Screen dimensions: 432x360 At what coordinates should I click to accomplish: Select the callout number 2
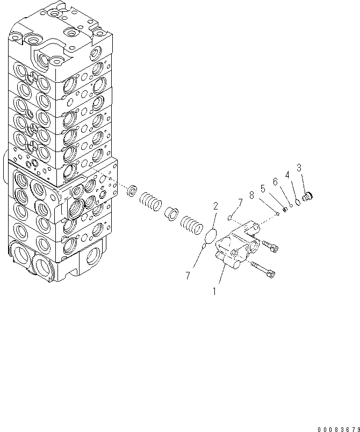215,206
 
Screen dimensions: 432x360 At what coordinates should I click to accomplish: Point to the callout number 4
287,175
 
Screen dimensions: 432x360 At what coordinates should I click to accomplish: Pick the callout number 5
263,189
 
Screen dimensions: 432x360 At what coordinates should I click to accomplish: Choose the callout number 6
275,182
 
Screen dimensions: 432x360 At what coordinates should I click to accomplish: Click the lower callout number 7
188,276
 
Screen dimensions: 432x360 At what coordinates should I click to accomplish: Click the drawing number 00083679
338,428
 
